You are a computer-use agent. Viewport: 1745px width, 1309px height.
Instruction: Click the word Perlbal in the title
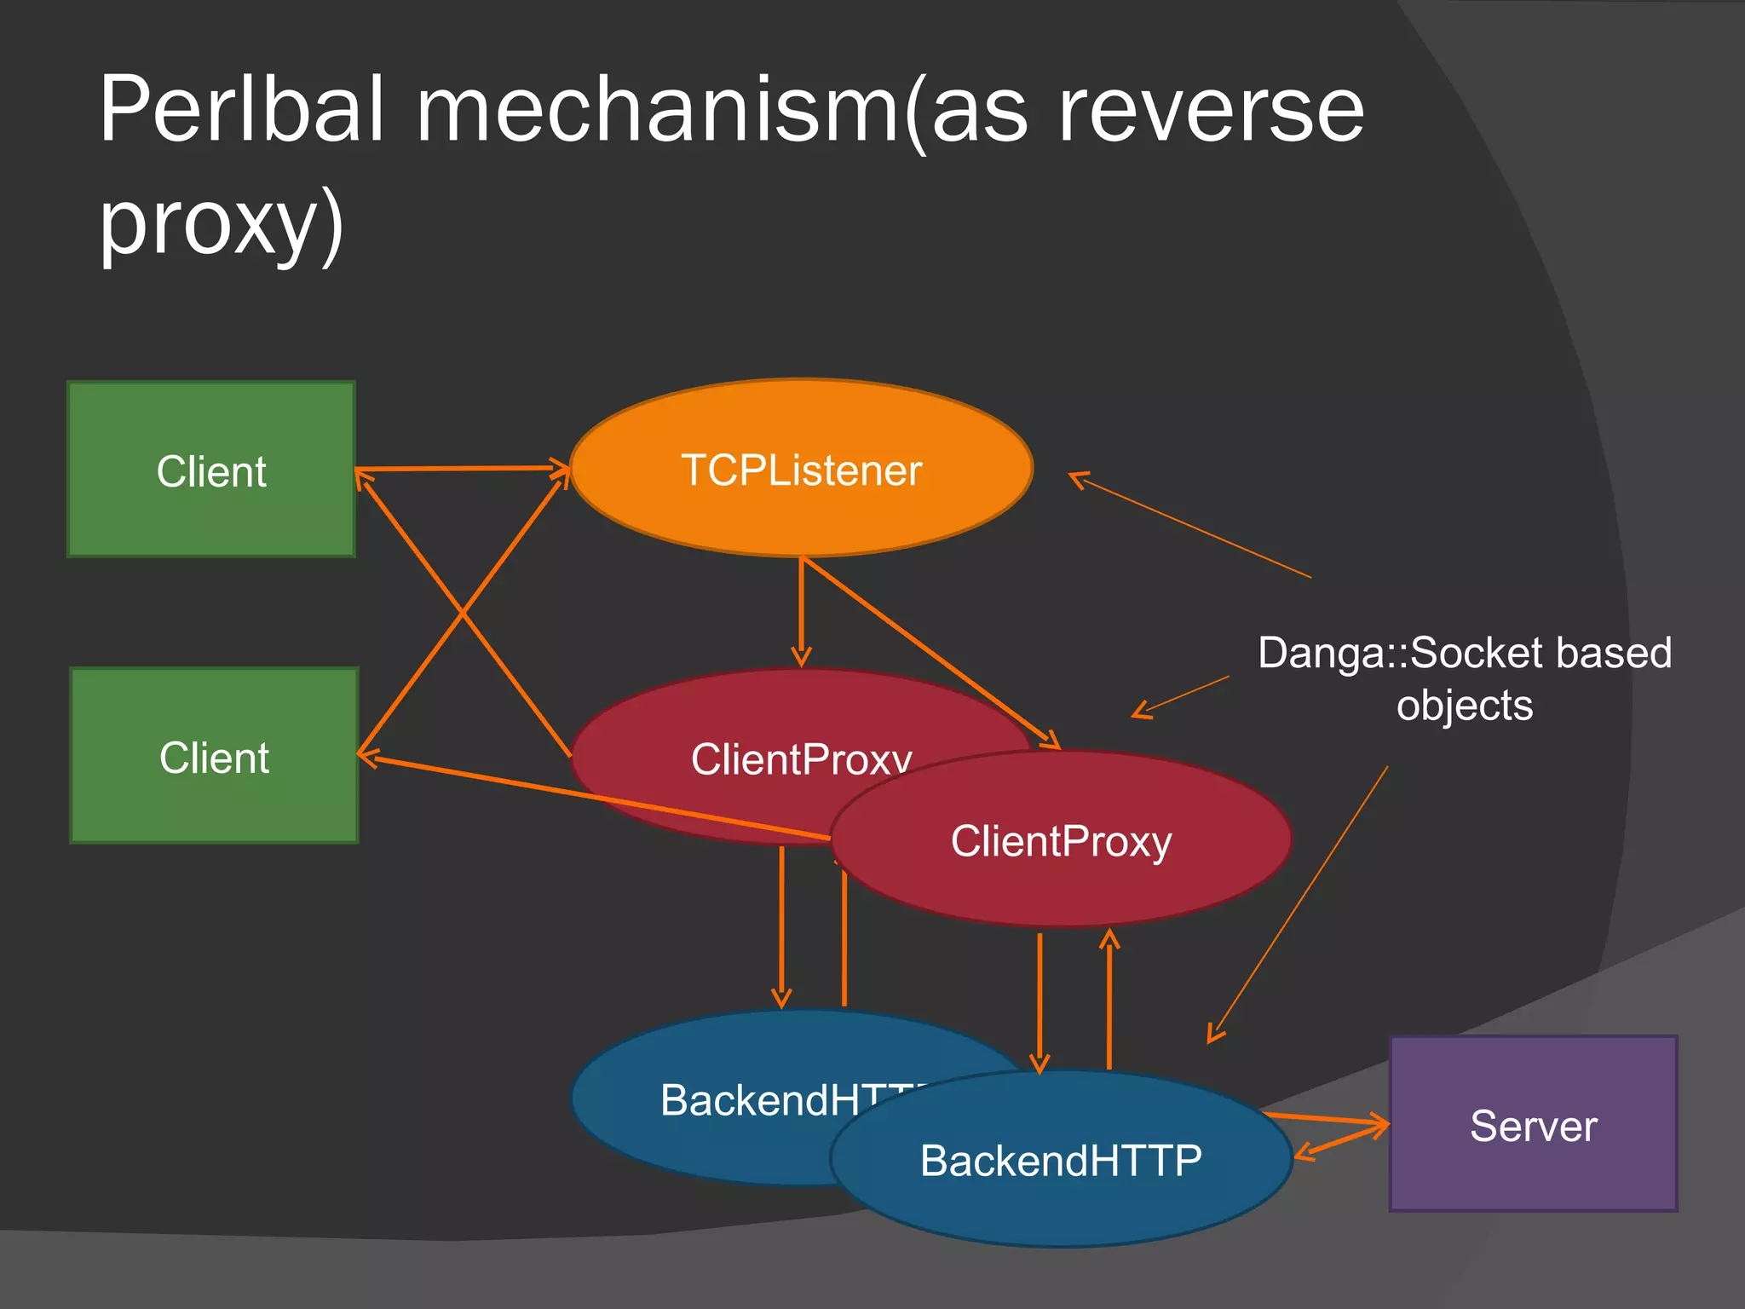pyautogui.click(x=242, y=111)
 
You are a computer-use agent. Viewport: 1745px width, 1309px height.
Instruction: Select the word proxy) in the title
pyautogui.click(x=222, y=223)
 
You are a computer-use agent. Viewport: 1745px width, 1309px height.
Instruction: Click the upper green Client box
pyautogui.click(x=211, y=470)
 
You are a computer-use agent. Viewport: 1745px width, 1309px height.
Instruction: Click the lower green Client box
pyautogui.click(x=214, y=757)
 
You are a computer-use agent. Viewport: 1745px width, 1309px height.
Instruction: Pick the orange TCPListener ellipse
pyautogui.click(x=801, y=470)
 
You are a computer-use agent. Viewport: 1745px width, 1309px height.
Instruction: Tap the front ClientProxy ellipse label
pyautogui.click(x=1061, y=841)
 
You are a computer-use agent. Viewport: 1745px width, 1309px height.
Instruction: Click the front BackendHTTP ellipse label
pyautogui.click(x=1061, y=1161)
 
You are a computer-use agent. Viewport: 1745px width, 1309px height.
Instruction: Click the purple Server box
pyautogui.click(x=1533, y=1125)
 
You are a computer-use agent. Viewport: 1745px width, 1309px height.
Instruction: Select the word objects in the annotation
pyautogui.click(x=1464, y=706)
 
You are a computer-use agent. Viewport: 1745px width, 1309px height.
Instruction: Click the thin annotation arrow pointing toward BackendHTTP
pyautogui.click(x=1298, y=903)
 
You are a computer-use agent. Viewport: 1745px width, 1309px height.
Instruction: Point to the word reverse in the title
pyautogui.click(x=1210, y=111)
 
